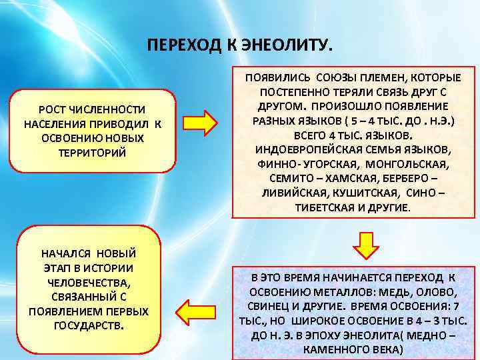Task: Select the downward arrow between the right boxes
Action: [x=365, y=244]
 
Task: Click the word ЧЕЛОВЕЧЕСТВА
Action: [x=88, y=282]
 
